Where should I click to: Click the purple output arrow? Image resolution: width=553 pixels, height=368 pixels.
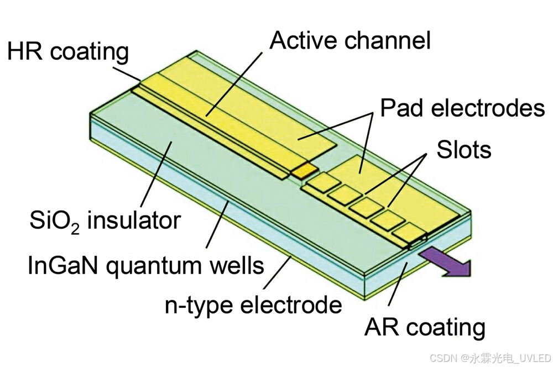click(x=447, y=262)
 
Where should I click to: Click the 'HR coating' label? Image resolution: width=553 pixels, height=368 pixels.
click(x=67, y=52)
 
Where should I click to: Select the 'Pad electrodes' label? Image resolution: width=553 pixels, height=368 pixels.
click(x=462, y=108)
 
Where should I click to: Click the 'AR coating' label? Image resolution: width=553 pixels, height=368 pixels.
click(x=425, y=327)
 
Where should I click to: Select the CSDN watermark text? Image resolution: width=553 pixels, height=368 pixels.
click(x=490, y=356)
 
